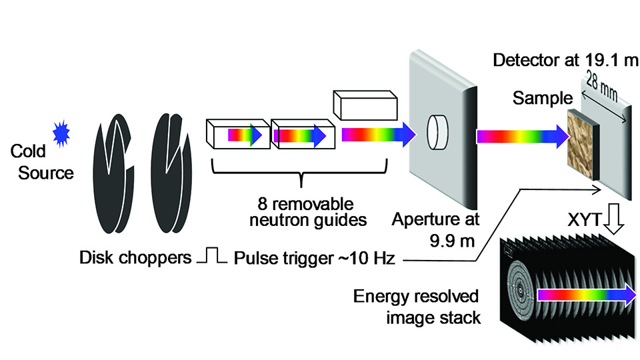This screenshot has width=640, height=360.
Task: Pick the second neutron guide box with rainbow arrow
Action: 302,135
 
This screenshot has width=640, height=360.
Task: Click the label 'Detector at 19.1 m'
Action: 566,61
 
